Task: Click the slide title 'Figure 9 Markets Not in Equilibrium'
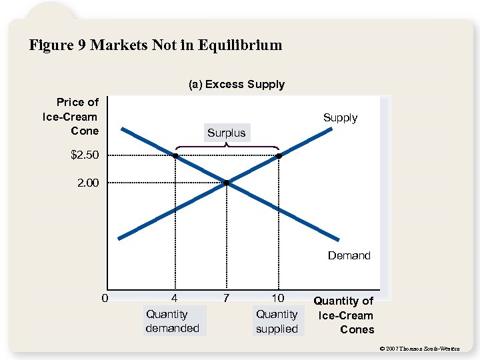click(x=155, y=45)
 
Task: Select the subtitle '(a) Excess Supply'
click(x=236, y=85)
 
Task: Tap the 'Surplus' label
click(x=226, y=133)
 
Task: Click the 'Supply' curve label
click(x=340, y=118)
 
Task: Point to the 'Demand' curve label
click(x=349, y=255)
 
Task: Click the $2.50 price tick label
click(x=85, y=155)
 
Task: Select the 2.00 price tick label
click(x=87, y=183)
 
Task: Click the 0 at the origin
click(x=105, y=297)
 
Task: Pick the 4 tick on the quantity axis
click(x=174, y=297)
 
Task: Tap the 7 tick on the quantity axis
click(x=227, y=297)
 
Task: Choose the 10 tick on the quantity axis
click(x=277, y=297)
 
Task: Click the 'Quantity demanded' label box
click(x=172, y=321)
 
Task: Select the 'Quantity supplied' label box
click(x=277, y=321)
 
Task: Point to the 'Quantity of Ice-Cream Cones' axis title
click(x=343, y=315)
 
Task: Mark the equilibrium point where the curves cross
click(x=227, y=182)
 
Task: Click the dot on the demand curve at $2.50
click(x=175, y=156)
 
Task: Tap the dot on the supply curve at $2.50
click(x=279, y=156)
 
